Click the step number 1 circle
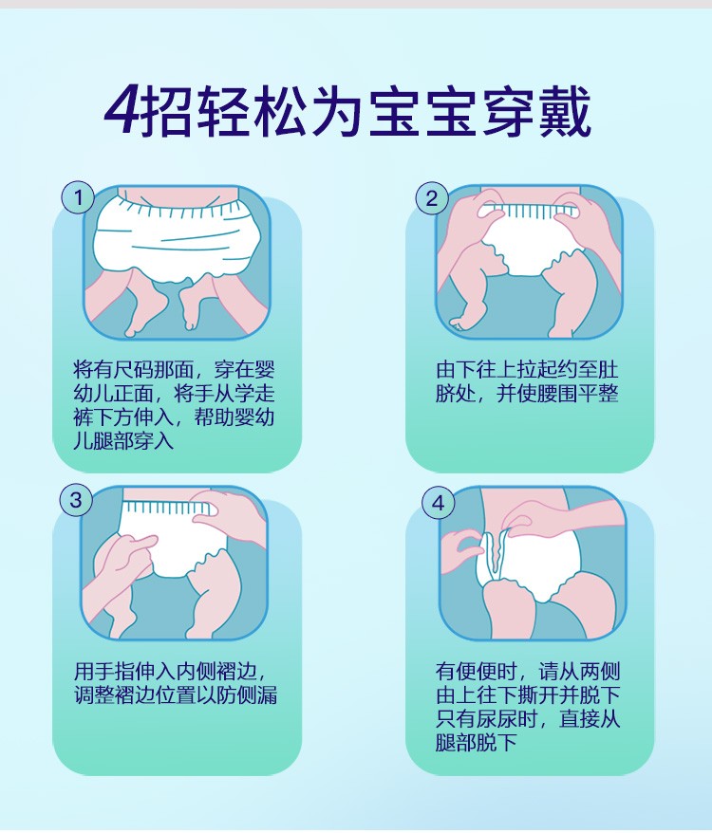[x=78, y=197]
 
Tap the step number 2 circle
[x=431, y=198]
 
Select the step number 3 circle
[x=76, y=500]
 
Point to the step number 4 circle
[x=439, y=503]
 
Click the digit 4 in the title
[x=122, y=112]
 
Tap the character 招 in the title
[x=166, y=112]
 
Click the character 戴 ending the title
[x=565, y=112]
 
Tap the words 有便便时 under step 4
[x=476, y=672]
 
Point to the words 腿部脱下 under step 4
[x=476, y=743]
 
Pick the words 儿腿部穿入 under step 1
[x=123, y=441]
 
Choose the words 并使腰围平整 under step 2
[x=558, y=394]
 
